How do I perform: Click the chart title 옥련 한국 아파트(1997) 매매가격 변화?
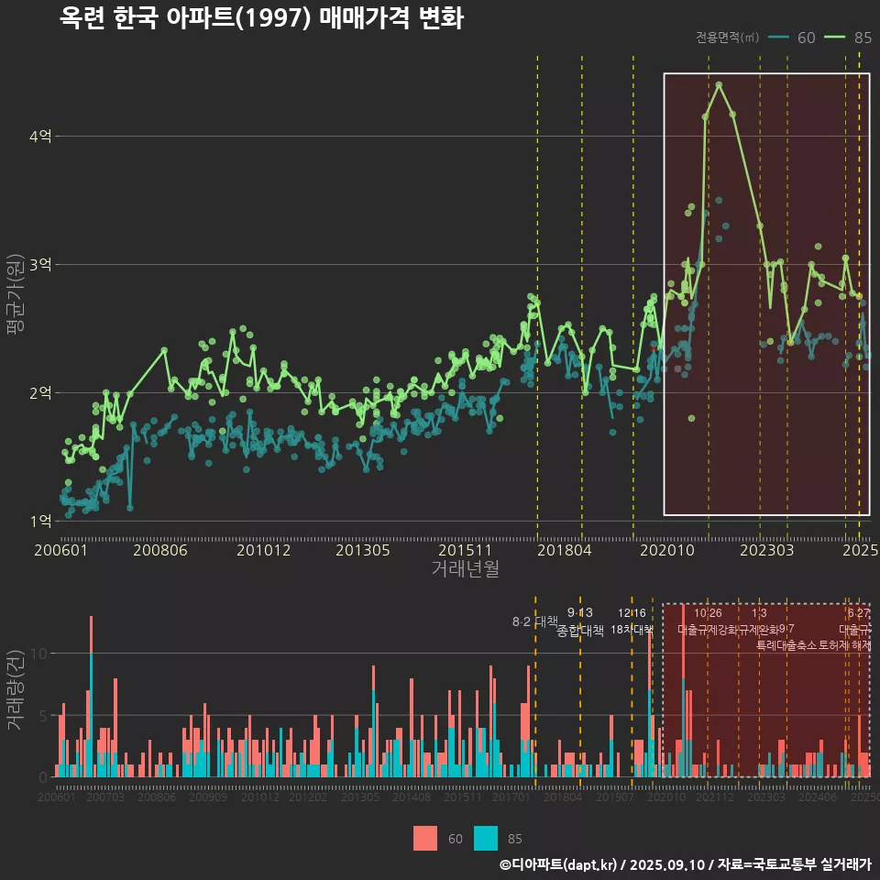[261, 18]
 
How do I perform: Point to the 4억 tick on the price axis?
[40, 137]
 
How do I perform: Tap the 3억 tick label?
[40, 265]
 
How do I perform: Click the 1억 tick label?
[40, 522]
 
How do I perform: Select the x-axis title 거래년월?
[465, 568]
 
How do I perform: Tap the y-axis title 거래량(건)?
[16, 690]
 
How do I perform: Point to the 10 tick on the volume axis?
[39, 654]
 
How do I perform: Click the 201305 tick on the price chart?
[363, 550]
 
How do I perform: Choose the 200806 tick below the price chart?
[159, 550]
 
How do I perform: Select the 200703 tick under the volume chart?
[104, 798]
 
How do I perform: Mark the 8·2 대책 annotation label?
[534, 621]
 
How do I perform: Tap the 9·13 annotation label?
[580, 612]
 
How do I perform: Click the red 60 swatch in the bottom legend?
[425, 839]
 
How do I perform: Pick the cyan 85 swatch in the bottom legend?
[486, 839]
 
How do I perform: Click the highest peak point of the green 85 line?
[720, 84]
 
